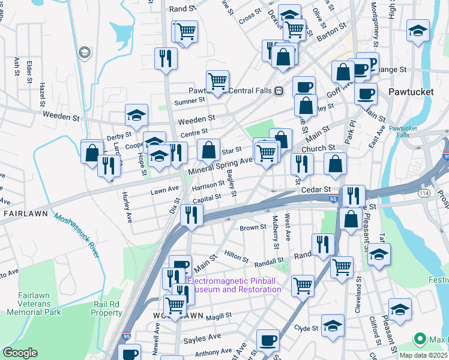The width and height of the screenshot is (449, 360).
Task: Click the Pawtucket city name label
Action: (411, 92)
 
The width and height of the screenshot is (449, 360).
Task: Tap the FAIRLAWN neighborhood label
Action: (25, 213)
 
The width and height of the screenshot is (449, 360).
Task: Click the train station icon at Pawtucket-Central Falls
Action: (279, 91)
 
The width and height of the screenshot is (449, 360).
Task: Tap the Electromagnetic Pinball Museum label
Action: (234, 285)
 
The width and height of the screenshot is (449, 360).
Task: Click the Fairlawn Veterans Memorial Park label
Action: (34, 304)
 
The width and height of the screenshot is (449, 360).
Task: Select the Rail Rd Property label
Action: (107, 308)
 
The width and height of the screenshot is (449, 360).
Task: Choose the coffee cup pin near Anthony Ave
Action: (268, 340)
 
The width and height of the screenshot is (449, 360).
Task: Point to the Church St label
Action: (318, 148)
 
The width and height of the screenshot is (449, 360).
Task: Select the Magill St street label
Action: (218, 316)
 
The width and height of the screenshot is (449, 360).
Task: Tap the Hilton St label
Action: (236, 256)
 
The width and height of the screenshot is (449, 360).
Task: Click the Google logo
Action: (20, 353)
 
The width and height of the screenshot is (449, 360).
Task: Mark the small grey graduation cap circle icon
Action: (85, 53)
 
